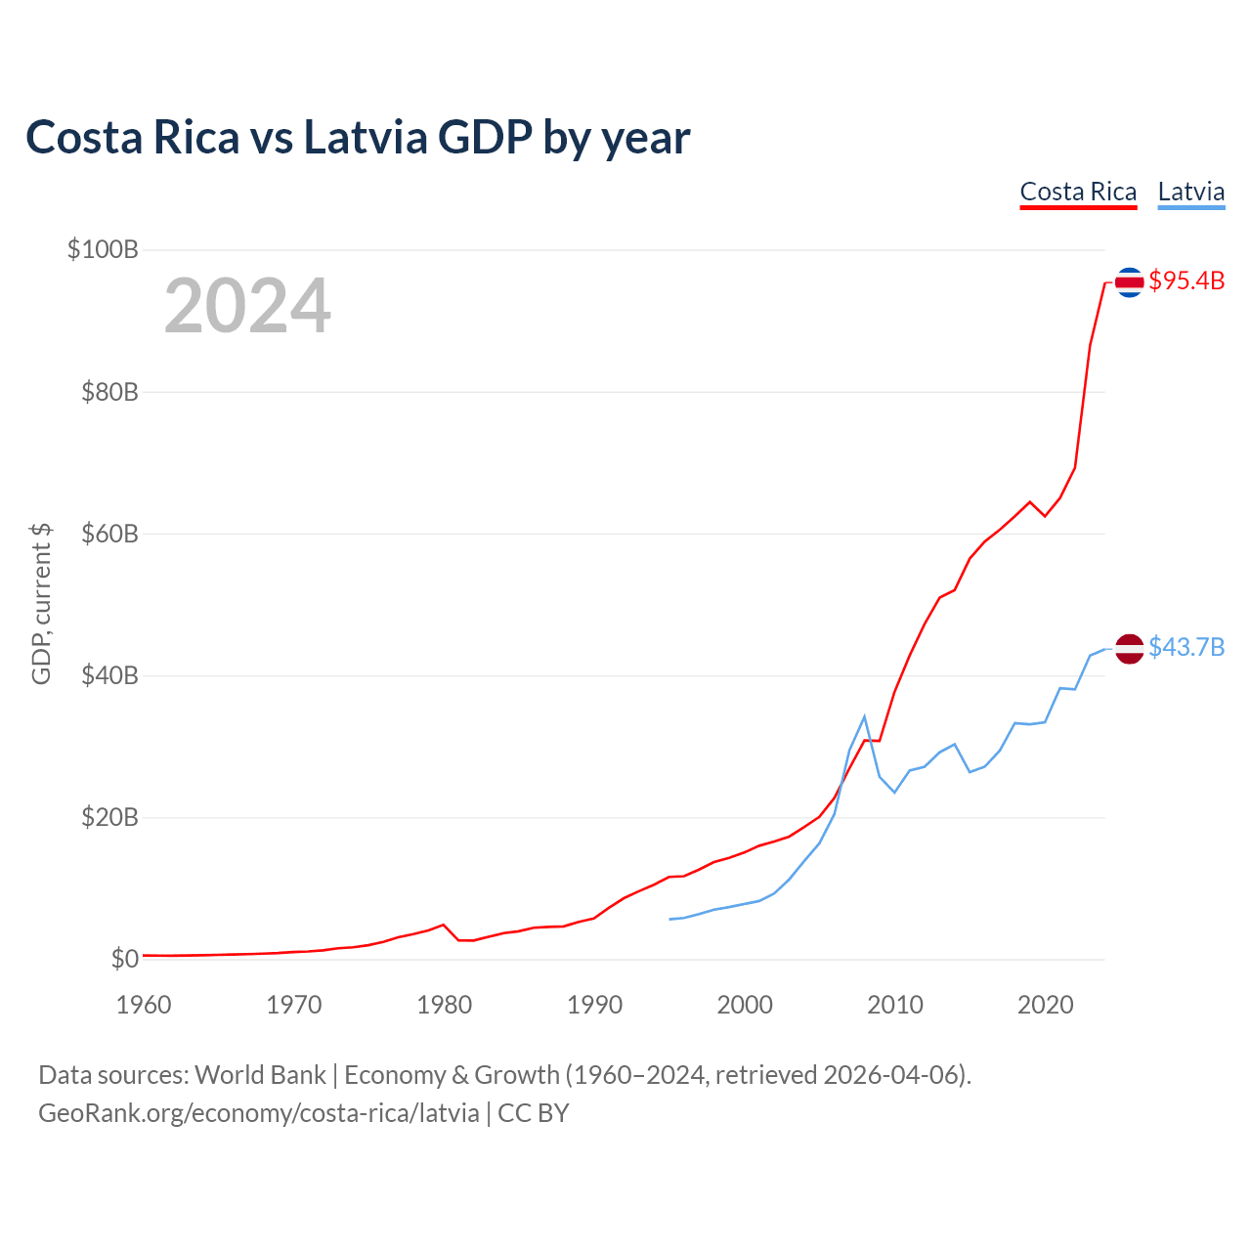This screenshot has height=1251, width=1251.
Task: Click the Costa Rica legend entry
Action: point(1078,192)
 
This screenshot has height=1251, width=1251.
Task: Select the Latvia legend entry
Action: point(1190,192)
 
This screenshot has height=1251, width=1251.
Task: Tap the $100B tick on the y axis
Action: point(103,249)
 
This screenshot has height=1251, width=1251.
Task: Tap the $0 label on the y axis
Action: point(124,959)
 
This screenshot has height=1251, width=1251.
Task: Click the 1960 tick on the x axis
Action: point(144,1005)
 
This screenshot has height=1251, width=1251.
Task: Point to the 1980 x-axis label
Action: point(445,1005)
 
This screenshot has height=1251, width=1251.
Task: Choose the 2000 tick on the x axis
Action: point(745,1005)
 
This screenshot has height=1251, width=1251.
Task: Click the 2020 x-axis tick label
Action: point(1046,1005)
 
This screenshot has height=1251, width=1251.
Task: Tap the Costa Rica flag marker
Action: point(1129,281)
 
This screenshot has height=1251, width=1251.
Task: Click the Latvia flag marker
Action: point(1129,648)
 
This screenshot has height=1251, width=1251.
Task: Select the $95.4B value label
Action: point(1186,281)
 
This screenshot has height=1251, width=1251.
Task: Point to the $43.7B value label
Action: point(1186,648)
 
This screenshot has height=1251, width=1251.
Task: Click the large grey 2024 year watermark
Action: point(247,307)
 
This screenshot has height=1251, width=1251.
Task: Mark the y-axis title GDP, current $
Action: point(41,604)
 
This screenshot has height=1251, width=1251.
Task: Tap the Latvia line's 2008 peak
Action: point(864,717)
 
